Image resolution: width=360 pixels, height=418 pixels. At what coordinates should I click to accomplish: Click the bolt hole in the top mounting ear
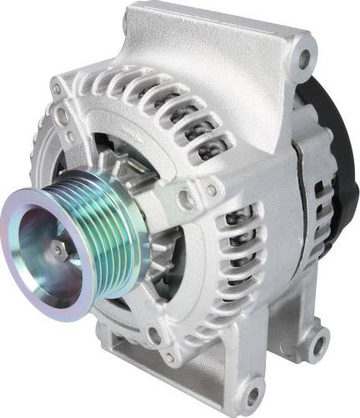[303, 58]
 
